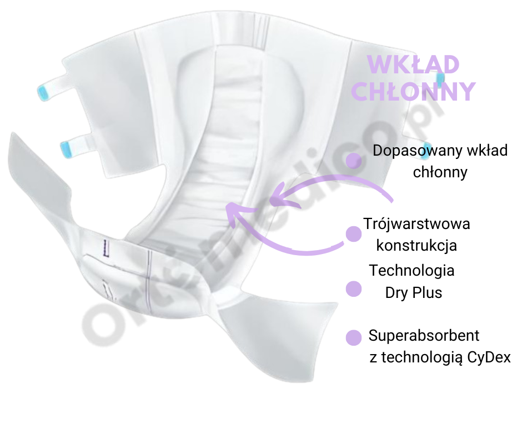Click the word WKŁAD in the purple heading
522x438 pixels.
414,65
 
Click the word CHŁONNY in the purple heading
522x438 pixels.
414,91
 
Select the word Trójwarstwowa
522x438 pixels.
416,224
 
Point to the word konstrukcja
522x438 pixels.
416,245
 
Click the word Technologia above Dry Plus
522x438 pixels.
412,271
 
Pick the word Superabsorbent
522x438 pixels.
424,336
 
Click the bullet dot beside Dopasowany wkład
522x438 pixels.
354,161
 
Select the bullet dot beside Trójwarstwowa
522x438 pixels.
354,234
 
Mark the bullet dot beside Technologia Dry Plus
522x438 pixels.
354,289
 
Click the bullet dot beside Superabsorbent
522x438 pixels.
354,337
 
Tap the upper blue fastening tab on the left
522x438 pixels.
44,92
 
